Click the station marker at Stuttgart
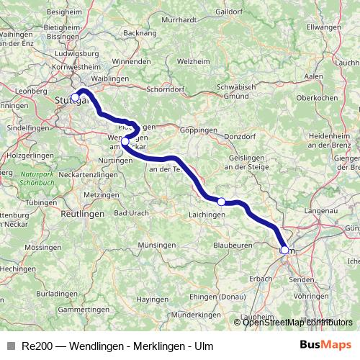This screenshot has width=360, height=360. [x=75, y=97]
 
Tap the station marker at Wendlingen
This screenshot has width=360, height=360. [x=125, y=142]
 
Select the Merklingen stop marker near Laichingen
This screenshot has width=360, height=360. [x=222, y=202]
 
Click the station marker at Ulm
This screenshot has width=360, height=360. [x=284, y=250]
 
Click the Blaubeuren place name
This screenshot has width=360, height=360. [x=232, y=246]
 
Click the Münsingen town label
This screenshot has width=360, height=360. [x=156, y=246]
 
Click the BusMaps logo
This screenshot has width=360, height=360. [x=326, y=345]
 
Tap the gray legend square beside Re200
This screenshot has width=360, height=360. [x=10, y=346]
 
